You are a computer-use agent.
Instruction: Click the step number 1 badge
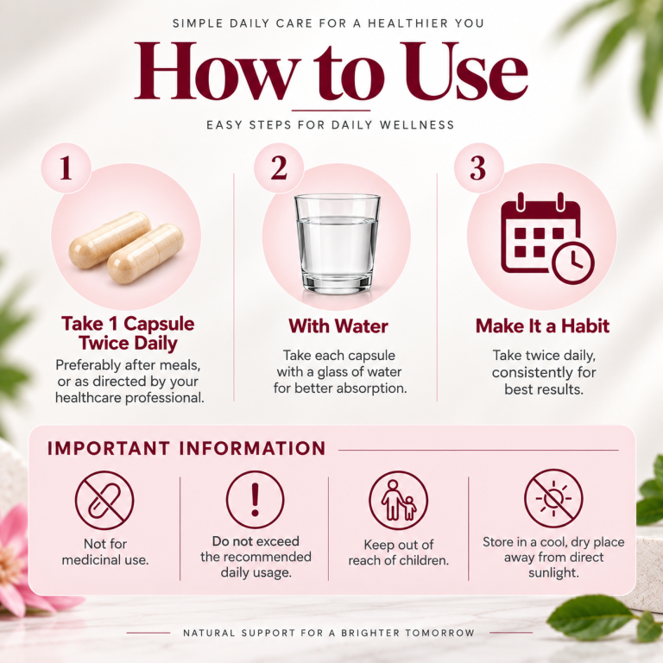point(66,168)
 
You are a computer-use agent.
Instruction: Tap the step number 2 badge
point(279,168)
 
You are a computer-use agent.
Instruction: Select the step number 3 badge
point(478,168)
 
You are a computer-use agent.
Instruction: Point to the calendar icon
point(547,238)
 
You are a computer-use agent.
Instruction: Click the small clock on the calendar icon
point(573,263)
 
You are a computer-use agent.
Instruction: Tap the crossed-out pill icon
point(104,501)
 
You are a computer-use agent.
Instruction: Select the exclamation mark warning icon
point(255,500)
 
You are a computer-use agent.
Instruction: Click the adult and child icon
point(398,501)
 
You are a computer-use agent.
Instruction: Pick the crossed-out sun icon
point(553,499)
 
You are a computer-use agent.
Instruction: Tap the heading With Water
point(338,326)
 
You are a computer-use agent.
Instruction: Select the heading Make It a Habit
point(542,326)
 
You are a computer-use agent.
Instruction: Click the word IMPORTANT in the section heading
point(109,449)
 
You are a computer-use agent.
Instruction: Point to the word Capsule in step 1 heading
point(159,324)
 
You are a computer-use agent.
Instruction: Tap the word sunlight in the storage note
point(553,573)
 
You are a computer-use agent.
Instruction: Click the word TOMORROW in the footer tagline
point(439,633)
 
